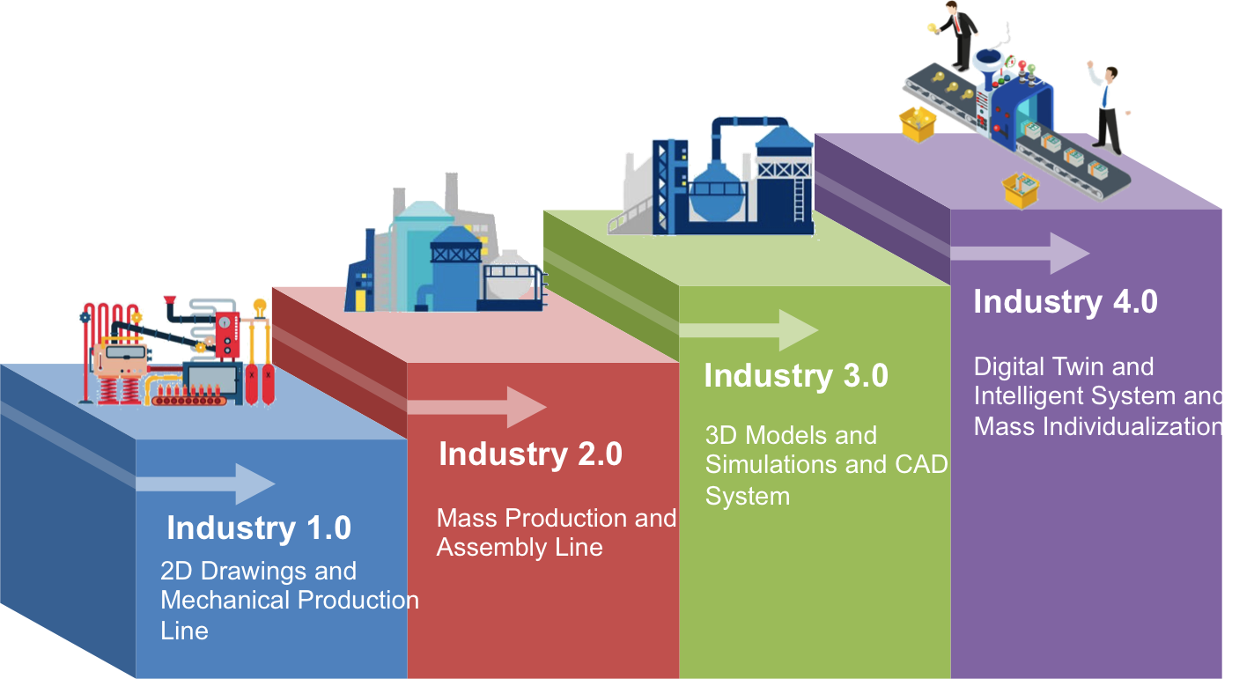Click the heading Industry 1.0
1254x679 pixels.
coord(259,528)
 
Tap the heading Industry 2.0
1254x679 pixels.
coord(530,454)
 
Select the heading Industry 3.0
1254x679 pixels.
coord(796,375)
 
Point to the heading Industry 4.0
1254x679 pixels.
coord(1066,301)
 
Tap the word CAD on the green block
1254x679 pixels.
coord(919,464)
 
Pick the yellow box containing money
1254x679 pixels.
coord(1022,189)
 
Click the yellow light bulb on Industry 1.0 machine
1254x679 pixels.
coord(260,307)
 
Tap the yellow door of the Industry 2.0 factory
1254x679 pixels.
coord(360,299)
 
